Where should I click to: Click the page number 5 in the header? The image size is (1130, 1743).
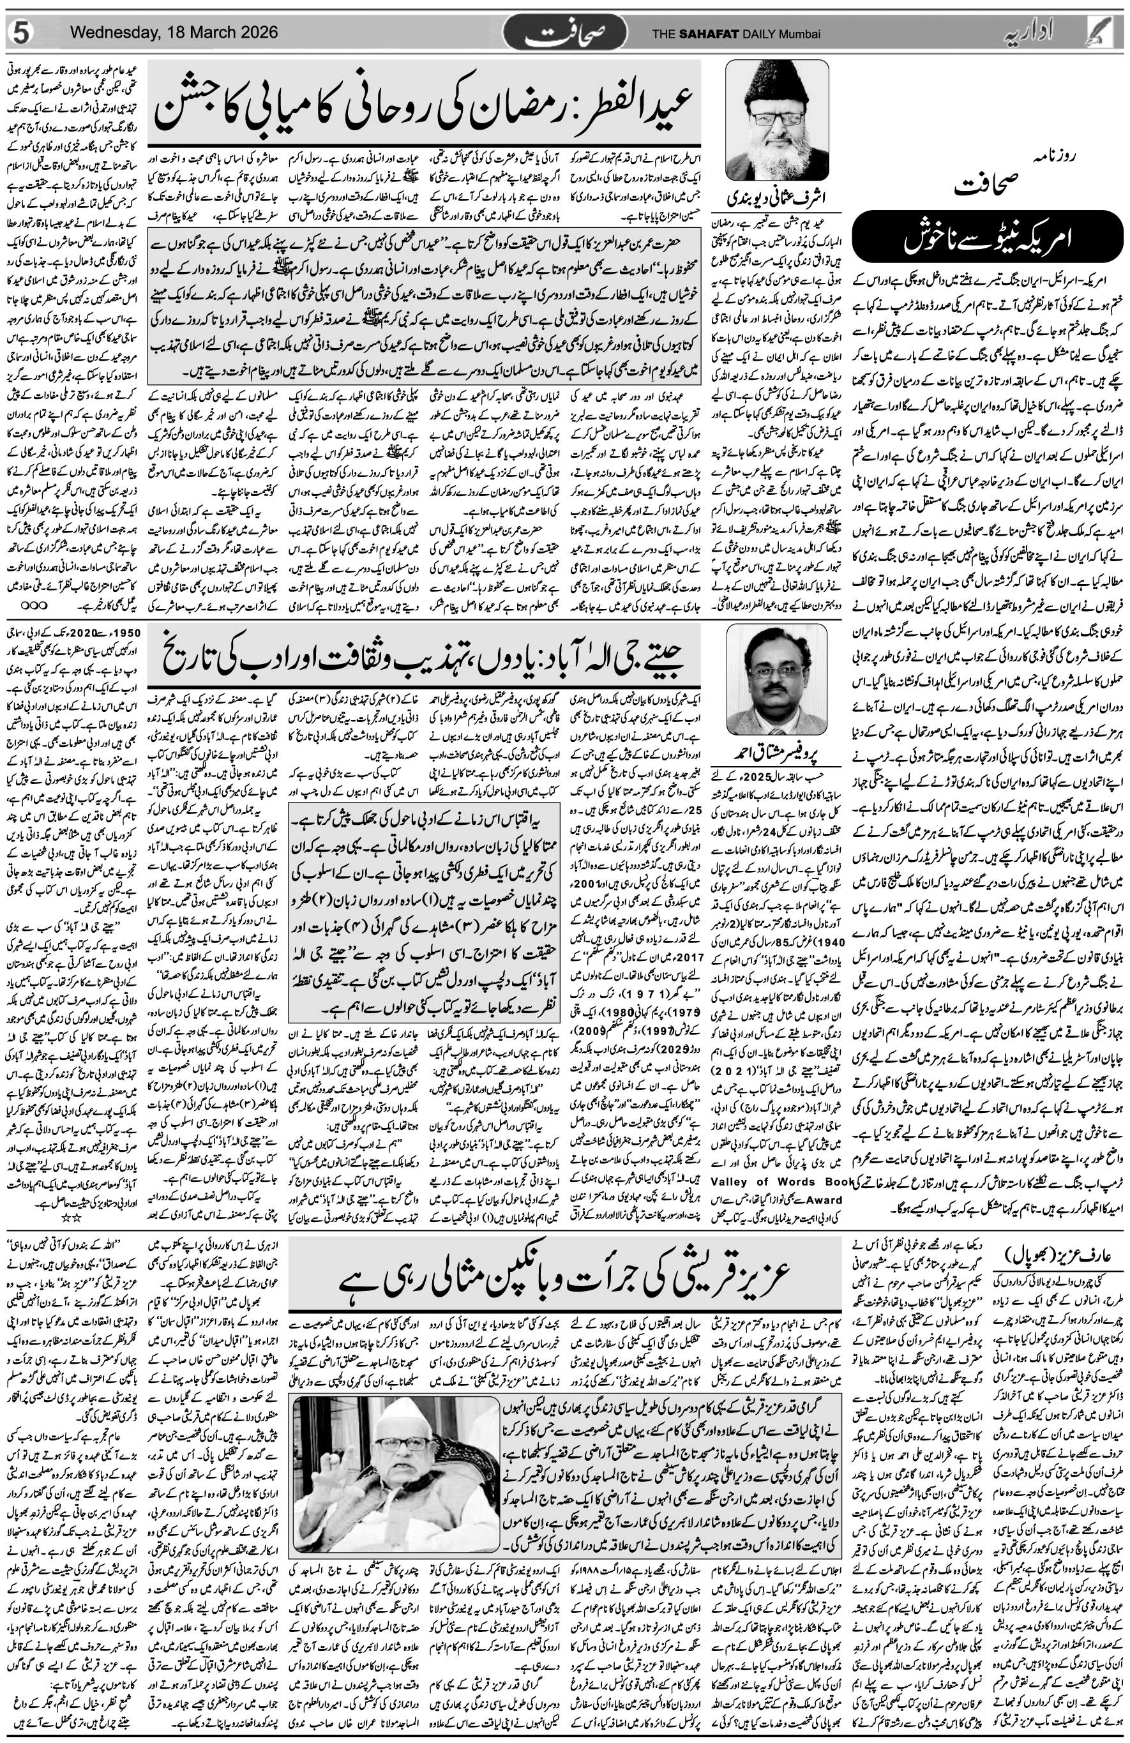coord(20,34)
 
